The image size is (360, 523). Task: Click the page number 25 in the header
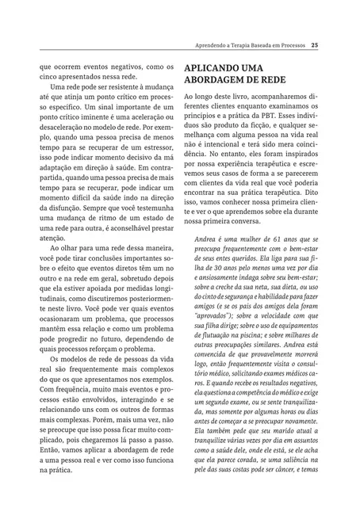tap(316, 44)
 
